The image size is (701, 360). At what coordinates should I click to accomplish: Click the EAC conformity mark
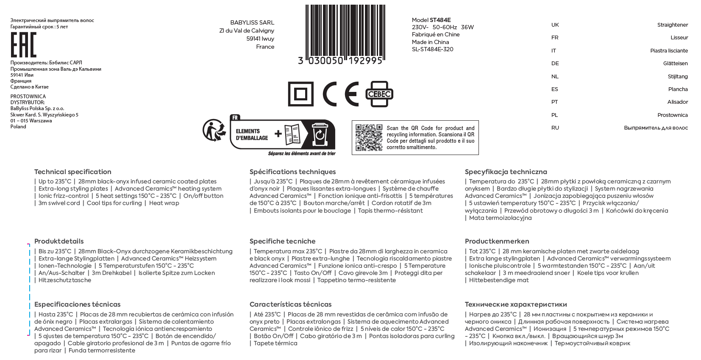(23, 44)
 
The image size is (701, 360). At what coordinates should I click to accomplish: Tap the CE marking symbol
(340, 94)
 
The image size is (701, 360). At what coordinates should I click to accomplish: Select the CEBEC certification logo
(379, 94)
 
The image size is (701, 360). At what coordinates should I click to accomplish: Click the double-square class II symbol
(300, 94)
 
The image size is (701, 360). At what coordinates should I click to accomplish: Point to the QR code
(369, 138)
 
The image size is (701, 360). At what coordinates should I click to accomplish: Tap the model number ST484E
(440, 20)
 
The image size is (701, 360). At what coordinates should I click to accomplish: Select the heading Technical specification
(73, 172)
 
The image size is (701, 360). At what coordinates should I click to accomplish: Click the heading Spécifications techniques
(292, 172)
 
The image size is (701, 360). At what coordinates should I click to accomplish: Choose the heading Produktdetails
(59, 241)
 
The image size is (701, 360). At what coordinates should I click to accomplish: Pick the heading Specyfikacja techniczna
(506, 172)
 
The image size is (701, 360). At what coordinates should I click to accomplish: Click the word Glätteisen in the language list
(675, 64)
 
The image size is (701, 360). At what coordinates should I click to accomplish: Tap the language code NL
(555, 77)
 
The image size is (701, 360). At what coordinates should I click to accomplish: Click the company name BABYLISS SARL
(252, 22)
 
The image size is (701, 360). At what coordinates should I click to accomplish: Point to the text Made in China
(430, 42)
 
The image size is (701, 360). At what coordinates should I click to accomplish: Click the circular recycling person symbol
(214, 130)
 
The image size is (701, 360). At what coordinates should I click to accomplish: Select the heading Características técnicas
(290, 305)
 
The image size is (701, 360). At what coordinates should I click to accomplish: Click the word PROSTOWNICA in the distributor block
(28, 97)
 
